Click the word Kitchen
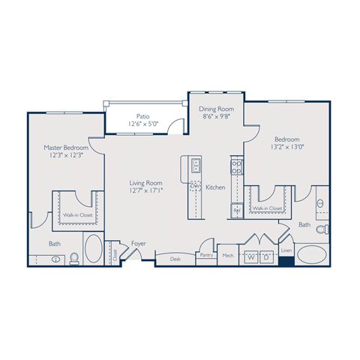[x=215, y=187]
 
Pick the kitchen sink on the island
[x=194, y=165]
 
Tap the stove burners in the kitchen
[x=236, y=165]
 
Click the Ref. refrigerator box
[x=236, y=211]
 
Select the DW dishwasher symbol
[x=194, y=185]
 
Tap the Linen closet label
[x=286, y=250]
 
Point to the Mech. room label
[x=228, y=256]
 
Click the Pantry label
[x=206, y=255]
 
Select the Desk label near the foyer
[x=175, y=258]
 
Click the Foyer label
[x=139, y=243]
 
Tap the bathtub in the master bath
[x=94, y=250]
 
